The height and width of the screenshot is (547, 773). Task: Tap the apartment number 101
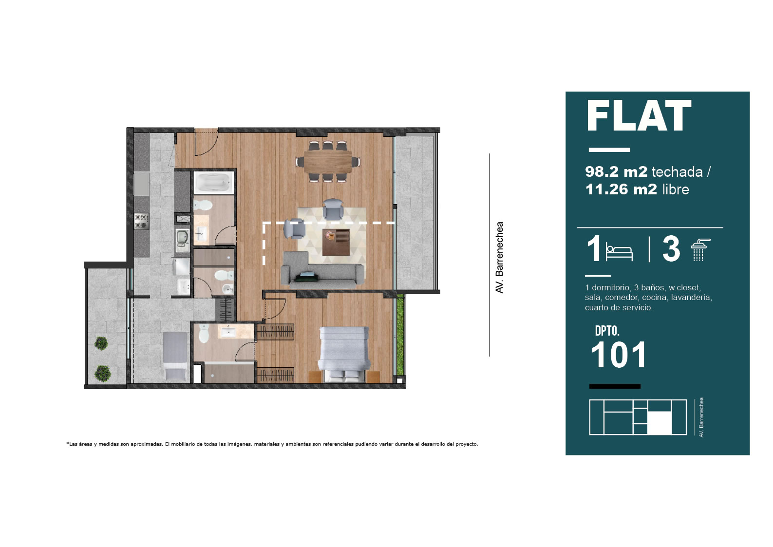pos(619,355)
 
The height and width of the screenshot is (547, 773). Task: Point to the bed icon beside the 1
pos(619,253)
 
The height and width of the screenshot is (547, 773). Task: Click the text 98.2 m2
pos(616,172)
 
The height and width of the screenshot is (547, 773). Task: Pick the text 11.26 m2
pos(621,189)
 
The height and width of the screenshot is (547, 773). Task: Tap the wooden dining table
pos(328,162)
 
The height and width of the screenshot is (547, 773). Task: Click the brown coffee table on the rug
pos(336,242)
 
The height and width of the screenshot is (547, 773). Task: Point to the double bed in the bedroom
pos(344,354)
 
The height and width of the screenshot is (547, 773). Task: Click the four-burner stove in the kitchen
pos(141,221)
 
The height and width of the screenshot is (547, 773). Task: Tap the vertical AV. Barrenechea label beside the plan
pos(499,258)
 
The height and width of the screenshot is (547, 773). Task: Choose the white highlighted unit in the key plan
pos(659,423)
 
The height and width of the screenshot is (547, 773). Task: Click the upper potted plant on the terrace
pos(101,343)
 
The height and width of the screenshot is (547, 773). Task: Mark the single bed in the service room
pos(175,356)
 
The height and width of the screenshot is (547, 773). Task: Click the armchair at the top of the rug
pos(333,209)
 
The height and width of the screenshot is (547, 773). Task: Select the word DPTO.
pos(607,331)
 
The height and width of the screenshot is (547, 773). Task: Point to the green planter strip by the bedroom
pos(400,335)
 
